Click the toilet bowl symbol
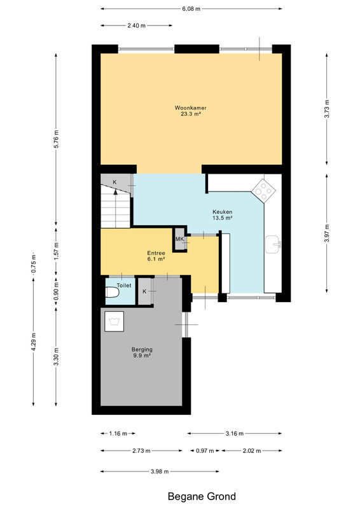point(113,292)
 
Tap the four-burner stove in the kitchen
point(263,191)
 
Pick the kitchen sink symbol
point(273,244)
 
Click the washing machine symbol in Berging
point(114,321)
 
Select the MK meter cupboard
point(180,239)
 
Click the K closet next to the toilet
point(145,291)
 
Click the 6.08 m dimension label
point(191,9)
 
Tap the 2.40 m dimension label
point(136,25)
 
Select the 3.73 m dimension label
point(327,109)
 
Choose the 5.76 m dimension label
point(56,139)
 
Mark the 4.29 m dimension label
point(34,342)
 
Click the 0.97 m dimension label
point(205,450)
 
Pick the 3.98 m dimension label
point(160,471)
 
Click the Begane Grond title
point(202,496)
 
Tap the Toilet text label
point(124,285)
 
